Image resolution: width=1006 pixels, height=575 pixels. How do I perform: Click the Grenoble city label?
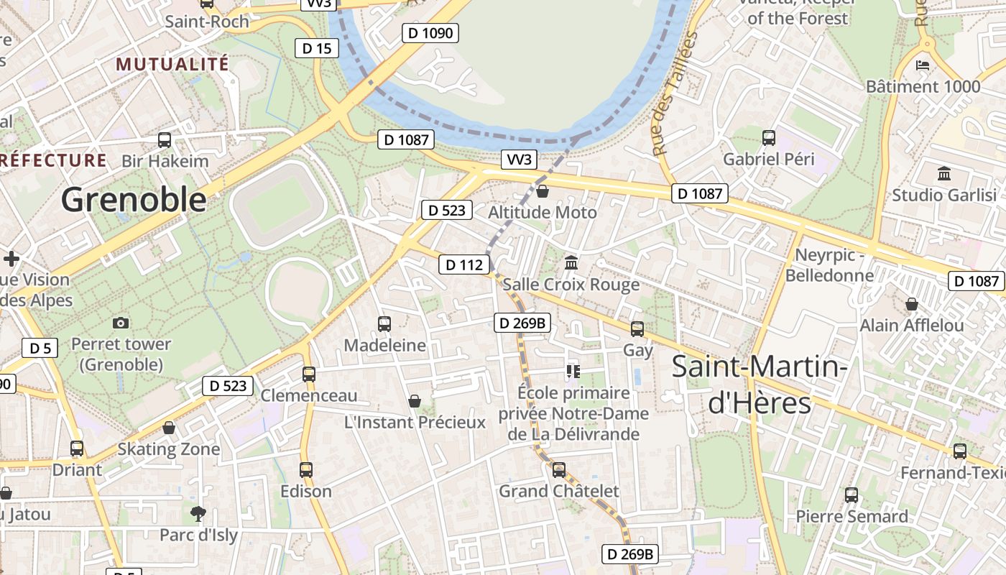tap(134, 199)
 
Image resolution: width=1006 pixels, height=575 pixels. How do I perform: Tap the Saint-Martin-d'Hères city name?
tap(760, 385)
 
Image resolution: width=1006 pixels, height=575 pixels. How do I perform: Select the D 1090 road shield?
tap(430, 32)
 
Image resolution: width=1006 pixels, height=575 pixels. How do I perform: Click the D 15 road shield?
tap(317, 48)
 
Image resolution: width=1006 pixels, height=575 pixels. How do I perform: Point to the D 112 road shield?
tap(464, 264)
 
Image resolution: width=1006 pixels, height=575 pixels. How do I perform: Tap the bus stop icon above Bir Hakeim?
tap(165, 140)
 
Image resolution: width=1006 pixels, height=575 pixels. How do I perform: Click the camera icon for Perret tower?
tap(121, 323)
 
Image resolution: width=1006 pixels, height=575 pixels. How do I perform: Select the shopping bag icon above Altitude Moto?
tap(543, 191)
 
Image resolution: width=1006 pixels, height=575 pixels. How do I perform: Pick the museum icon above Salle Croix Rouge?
tap(571, 263)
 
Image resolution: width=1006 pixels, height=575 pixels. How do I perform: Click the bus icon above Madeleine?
tap(384, 324)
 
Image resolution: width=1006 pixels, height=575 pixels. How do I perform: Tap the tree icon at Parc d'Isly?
tap(198, 513)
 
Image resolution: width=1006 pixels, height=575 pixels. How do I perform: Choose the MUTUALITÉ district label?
tap(172, 64)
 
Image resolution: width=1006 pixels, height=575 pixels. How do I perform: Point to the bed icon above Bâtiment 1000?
tap(923, 65)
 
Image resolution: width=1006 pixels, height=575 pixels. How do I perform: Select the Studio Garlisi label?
tap(944, 195)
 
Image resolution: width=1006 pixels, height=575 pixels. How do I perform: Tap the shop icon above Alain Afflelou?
tap(912, 305)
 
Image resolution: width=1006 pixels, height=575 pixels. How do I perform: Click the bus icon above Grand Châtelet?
tap(559, 470)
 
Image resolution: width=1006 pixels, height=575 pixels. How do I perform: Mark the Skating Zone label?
tap(169, 449)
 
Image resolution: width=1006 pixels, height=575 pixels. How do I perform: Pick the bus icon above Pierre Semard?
tap(852, 495)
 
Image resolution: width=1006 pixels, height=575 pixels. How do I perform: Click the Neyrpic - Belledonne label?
tap(829, 265)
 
